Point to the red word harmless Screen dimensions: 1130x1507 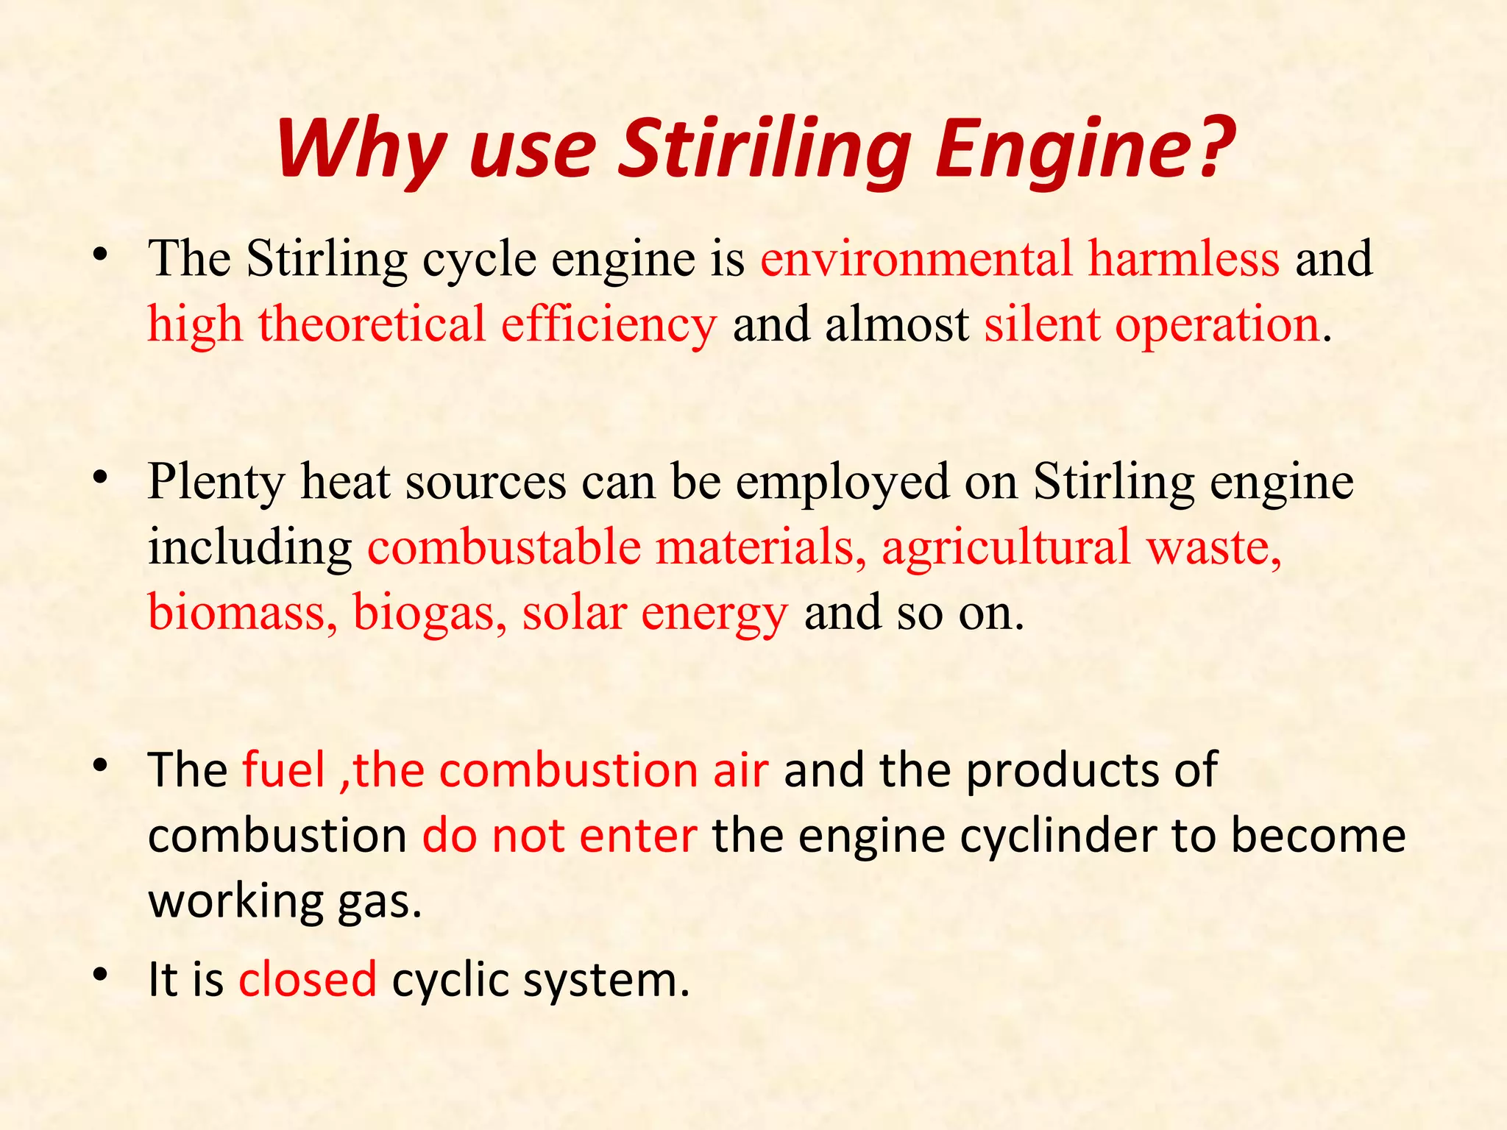1184,259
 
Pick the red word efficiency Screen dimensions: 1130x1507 609,325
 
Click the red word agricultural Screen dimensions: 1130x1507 1006,547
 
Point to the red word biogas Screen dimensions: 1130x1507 430,612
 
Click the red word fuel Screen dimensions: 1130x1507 283,770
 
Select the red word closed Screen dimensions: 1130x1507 308,980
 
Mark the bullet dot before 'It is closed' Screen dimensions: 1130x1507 101,975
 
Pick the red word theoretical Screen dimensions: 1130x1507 372,324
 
